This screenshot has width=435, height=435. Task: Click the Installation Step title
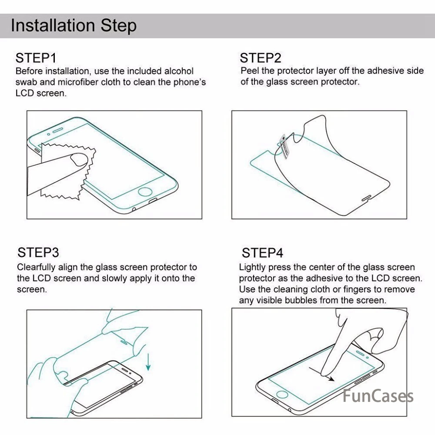(74, 26)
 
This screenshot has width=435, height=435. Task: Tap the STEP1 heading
(36, 58)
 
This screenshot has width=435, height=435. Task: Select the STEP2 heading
(261, 58)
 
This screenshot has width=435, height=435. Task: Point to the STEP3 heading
(38, 253)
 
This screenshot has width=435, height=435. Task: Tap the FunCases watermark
(378, 396)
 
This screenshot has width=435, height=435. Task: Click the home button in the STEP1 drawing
(145, 192)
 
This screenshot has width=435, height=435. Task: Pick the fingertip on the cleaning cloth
(79, 160)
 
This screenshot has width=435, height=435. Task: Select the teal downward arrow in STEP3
(148, 361)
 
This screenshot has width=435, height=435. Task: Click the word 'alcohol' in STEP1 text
(179, 71)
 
